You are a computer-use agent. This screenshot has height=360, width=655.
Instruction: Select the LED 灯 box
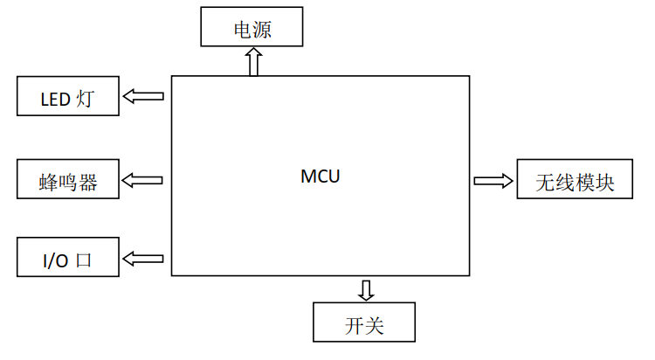(67, 96)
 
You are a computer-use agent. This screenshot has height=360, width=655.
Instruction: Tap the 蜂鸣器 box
(67, 181)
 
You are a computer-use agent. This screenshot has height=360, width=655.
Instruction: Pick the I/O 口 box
(67, 258)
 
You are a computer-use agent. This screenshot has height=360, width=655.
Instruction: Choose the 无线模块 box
(574, 180)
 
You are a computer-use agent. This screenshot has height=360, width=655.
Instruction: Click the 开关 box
(364, 322)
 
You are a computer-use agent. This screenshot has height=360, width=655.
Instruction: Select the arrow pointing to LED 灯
(143, 96)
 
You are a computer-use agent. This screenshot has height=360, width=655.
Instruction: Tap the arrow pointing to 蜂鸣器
(143, 180)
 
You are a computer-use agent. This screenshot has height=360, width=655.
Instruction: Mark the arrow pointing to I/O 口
(143, 258)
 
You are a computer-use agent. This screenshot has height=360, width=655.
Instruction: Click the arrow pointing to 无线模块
(493, 180)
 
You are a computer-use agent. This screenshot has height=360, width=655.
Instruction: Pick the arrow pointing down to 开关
(365, 289)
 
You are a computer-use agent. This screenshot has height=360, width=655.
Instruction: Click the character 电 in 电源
(242, 30)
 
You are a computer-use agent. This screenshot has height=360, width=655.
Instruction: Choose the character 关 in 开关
(375, 326)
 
